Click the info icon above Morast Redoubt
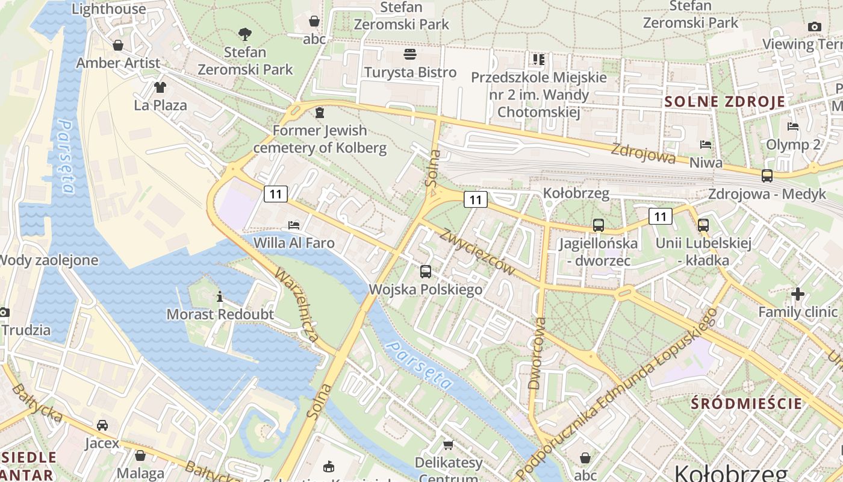coord(220,296)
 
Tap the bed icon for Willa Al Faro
coord(294,225)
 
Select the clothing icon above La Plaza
coord(160,87)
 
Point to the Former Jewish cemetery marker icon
coord(319,113)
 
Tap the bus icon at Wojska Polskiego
coord(426,271)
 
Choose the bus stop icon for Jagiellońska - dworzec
coord(598,225)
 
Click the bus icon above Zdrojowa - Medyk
coord(767,176)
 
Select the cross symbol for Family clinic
coord(798,294)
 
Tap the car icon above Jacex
coord(102,425)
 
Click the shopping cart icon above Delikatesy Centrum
coord(448,445)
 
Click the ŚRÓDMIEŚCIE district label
coord(747,404)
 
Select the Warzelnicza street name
coord(297,305)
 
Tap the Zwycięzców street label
coord(477,252)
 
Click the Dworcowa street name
coord(536,353)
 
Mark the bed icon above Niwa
coord(706,145)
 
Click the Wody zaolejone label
coord(48,260)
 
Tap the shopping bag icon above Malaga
coord(140,455)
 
